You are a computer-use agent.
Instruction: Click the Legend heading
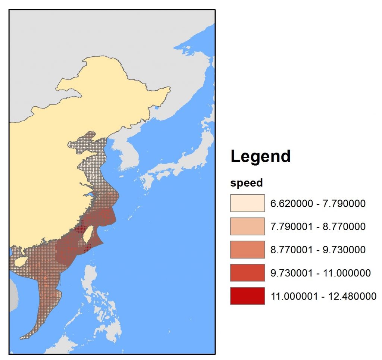(260, 156)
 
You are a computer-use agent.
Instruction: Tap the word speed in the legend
(247, 183)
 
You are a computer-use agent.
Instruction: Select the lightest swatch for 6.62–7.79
(247, 203)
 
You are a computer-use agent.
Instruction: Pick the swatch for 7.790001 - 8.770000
(247, 226)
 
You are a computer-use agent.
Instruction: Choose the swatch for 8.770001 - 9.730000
(247, 250)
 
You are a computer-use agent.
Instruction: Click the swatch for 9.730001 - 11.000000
(247, 273)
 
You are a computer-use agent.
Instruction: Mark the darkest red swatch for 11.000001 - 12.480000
(247, 296)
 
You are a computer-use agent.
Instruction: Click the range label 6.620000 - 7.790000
(317, 204)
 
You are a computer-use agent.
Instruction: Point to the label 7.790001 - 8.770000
(317, 227)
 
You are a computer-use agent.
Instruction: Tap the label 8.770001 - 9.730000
(317, 250)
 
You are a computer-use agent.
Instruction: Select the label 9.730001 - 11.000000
(320, 273)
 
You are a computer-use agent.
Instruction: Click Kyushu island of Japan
(146, 183)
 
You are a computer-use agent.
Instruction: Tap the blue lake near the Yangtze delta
(90, 195)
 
